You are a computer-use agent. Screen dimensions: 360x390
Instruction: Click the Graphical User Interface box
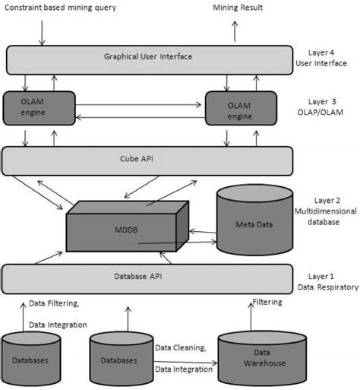pyautogui.click(x=150, y=60)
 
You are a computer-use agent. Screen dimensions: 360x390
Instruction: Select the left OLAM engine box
pyautogui.click(x=39, y=108)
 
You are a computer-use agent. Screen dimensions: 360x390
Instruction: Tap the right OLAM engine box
pyautogui.click(x=241, y=108)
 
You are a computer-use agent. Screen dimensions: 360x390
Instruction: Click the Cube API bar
pyautogui.click(x=147, y=161)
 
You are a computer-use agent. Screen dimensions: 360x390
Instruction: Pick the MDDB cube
pyautogui.click(x=128, y=227)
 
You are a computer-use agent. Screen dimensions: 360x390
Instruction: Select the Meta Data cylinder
pyautogui.click(x=255, y=220)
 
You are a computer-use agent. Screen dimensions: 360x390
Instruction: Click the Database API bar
pyautogui.click(x=147, y=279)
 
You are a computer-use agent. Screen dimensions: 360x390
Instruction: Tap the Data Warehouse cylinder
pyautogui.click(x=262, y=357)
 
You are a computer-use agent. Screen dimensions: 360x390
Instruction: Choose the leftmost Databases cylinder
pyautogui.click(x=31, y=359)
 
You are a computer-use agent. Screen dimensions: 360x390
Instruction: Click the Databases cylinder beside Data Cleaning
pyautogui.click(x=122, y=359)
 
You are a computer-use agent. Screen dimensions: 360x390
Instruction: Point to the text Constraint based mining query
pyautogui.click(x=60, y=8)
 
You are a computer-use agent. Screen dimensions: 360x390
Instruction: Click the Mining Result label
pyautogui.click(x=238, y=8)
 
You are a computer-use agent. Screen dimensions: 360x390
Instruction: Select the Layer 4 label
pyautogui.click(x=321, y=52)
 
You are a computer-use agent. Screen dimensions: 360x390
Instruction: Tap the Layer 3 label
pyautogui.click(x=322, y=102)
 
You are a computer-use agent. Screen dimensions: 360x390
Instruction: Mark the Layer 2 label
pyautogui.click(x=327, y=201)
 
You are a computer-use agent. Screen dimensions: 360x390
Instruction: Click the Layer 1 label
pyautogui.click(x=321, y=276)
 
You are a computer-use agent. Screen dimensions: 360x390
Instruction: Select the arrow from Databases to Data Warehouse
pyautogui.click(x=185, y=363)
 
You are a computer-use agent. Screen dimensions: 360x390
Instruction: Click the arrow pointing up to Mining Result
pyautogui.click(x=235, y=31)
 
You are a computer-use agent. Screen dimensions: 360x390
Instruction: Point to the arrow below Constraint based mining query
pyautogui.click(x=42, y=33)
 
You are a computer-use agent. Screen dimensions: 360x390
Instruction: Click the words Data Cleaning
pyautogui.click(x=180, y=347)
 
